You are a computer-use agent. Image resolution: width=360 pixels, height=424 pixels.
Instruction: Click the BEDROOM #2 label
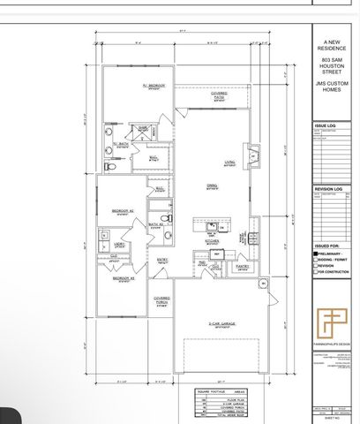[x=122, y=212]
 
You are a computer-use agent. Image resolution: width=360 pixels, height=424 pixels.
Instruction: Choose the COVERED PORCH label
[x=161, y=300]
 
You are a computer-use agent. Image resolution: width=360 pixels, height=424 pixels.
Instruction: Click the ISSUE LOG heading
[x=326, y=126]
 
